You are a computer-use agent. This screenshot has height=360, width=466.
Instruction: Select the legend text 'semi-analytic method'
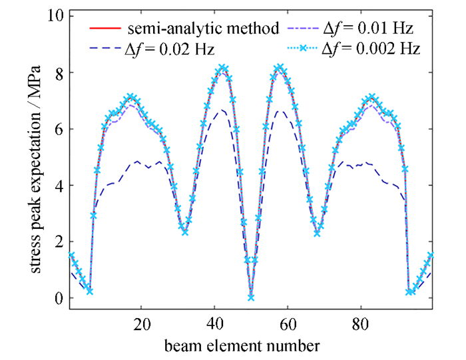click(204, 29)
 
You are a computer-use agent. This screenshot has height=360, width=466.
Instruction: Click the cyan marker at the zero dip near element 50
click(250, 297)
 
